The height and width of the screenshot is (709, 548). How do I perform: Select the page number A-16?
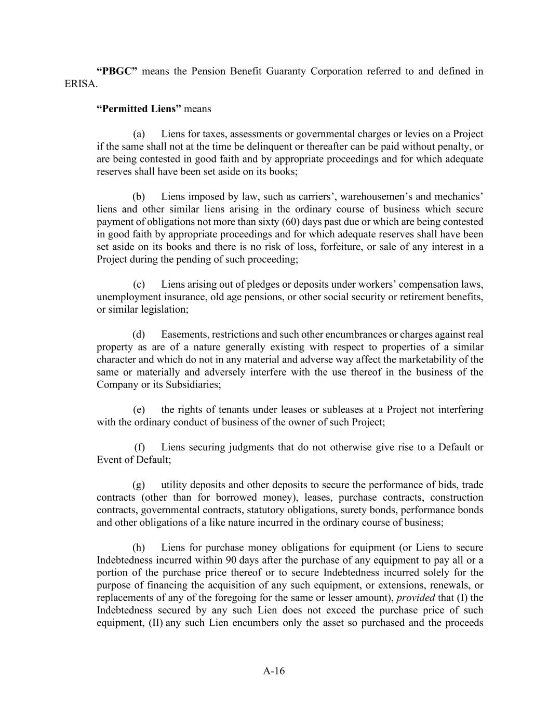click(x=274, y=671)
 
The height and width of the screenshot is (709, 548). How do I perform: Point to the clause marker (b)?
click(x=139, y=197)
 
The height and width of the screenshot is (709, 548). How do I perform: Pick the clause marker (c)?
click(x=139, y=285)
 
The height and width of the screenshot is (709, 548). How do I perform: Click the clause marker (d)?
click(x=139, y=335)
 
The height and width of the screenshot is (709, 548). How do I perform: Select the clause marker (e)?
click(x=139, y=410)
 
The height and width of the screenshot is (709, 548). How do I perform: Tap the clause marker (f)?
click(x=140, y=447)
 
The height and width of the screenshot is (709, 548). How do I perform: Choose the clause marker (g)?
click(x=139, y=485)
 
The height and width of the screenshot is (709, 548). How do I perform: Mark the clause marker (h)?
click(x=139, y=547)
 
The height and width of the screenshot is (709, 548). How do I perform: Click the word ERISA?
click(x=80, y=84)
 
